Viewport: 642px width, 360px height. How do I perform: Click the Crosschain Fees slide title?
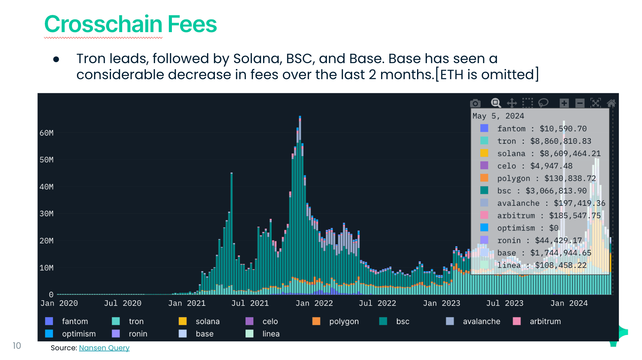click(130, 24)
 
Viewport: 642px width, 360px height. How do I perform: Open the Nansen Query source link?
click(104, 348)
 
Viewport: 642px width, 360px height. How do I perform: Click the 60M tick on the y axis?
click(47, 133)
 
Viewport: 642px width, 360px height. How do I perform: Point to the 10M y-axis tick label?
click(47, 268)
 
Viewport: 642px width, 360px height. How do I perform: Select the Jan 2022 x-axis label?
click(314, 303)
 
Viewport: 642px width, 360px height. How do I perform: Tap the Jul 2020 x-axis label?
click(123, 303)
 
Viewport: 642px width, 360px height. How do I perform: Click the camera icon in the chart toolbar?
click(475, 103)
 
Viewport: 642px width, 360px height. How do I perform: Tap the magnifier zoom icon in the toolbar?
click(496, 103)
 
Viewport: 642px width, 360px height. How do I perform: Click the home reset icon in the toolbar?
click(611, 103)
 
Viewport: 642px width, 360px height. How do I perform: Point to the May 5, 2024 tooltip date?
click(498, 116)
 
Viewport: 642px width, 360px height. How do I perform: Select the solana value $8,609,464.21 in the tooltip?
click(570, 153)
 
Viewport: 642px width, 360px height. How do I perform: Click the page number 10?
click(17, 346)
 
